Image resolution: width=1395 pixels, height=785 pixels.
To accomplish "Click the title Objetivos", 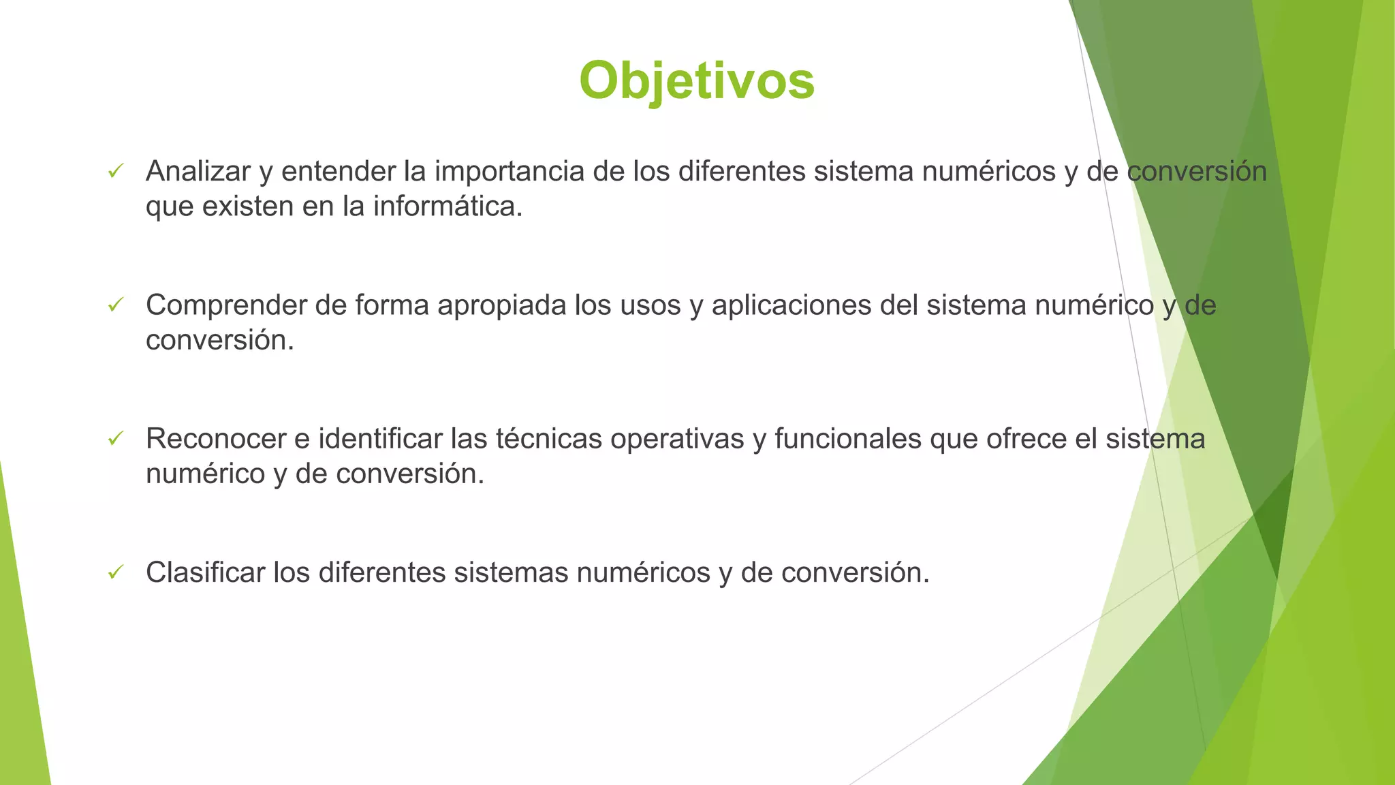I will click(x=696, y=81).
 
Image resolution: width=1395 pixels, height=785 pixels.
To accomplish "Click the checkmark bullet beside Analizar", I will click(x=115, y=171).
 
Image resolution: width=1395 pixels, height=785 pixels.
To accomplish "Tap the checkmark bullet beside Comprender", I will click(x=115, y=305).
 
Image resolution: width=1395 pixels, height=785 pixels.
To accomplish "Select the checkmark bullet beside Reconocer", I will click(x=115, y=438).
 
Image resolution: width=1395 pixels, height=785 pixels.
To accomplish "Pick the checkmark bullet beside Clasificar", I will click(x=115, y=572).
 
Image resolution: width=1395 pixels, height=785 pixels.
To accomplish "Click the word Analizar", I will click(x=198, y=171).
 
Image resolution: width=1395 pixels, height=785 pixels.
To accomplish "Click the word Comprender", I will click(x=226, y=305).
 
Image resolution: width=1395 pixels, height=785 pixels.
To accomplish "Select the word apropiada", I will click(x=501, y=305).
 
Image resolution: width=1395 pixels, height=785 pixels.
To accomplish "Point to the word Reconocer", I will click(x=216, y=438).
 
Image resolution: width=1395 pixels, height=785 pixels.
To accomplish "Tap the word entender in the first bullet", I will click(x=338, y=171).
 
